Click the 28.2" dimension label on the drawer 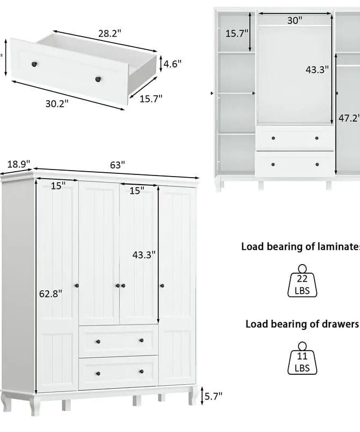pos(110,33)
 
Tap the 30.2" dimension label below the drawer pos(57,104)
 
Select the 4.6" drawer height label pos(172,64)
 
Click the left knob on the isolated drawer pos(34,64)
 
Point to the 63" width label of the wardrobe pos(117,165)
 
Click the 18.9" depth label pos(18,164)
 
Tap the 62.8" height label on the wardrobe pos(51,294)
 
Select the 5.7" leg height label pos(214,396)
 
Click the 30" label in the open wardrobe pos(295,21)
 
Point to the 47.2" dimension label pos(349,118)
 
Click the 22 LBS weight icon pos(302,281)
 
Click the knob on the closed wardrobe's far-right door pos(162,286)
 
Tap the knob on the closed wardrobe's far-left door pos(77,286)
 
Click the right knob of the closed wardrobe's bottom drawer pos(142,372)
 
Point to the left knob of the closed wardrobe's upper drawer pos(98,342)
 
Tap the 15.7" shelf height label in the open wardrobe pos(237,33)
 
